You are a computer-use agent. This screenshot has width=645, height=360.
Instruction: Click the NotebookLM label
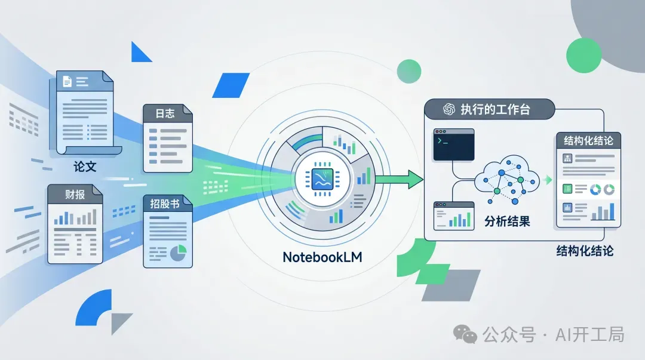pyautogui.click(x=323, y=257)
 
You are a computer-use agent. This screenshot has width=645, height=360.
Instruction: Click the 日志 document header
pyautogui.click(x=165, y=113)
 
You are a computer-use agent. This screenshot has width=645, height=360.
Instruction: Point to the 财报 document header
pyautogui.click(x=75, y=194)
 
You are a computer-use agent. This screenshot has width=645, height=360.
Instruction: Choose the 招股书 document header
pyautogui.click(x=165, y=204)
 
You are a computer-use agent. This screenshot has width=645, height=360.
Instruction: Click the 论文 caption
pyautogui.click(x=85, y=166)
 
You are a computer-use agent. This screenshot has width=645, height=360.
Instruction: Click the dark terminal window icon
pyautogui.click(x=454, y=144)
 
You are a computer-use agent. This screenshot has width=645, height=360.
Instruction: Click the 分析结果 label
pyautogui.click(x=506, y=221)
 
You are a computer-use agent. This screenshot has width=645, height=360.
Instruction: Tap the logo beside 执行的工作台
pyautogui.click(x=449, y=110)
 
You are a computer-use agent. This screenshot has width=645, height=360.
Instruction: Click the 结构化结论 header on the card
pyautogui.click(x=588, y=141)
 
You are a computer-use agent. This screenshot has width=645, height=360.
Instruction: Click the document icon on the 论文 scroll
pyautogui.click(x=67, y=81)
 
